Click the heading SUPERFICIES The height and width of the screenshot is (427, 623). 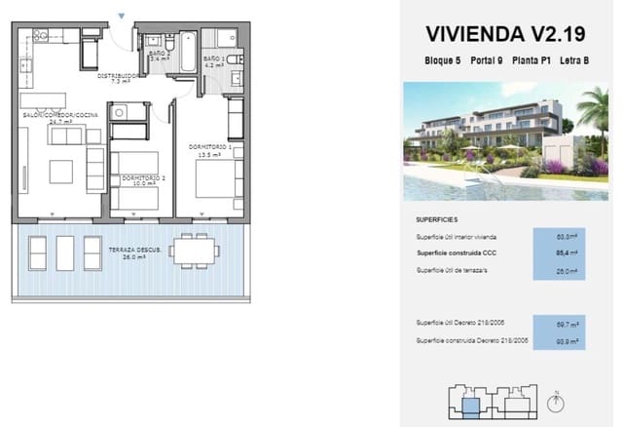click(x=436, y=220)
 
